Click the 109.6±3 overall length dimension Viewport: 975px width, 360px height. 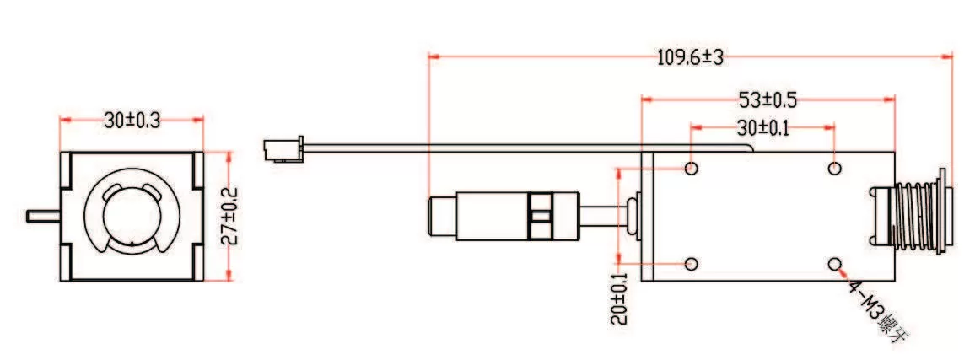click(x=690, y=57)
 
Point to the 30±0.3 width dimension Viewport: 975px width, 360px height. click(x=132, y=121)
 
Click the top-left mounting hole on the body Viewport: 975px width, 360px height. click(x=692, y=169)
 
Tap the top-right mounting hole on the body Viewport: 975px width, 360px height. click(x=834, y=169)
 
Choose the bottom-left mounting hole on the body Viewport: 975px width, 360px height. click(x=692, y=265)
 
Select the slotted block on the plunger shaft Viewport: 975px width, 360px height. click(x=540, y=217)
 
